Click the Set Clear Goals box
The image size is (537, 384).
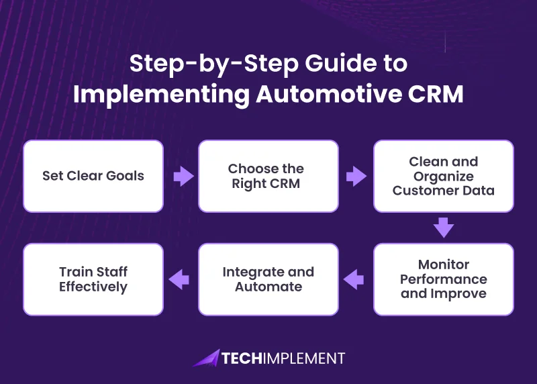point(93,176)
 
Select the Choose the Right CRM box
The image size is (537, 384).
point(268,176)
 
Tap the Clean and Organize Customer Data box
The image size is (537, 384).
point(444,176)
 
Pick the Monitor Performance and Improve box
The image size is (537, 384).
point(444,279)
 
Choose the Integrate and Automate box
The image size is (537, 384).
point(268,279)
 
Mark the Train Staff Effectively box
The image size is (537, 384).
point(93,279)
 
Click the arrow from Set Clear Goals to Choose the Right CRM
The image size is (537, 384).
point(181,177)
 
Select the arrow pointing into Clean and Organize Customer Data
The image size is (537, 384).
point(356,177)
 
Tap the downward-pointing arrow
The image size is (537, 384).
point(444,228)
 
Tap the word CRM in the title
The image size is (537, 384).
point(436,94)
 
